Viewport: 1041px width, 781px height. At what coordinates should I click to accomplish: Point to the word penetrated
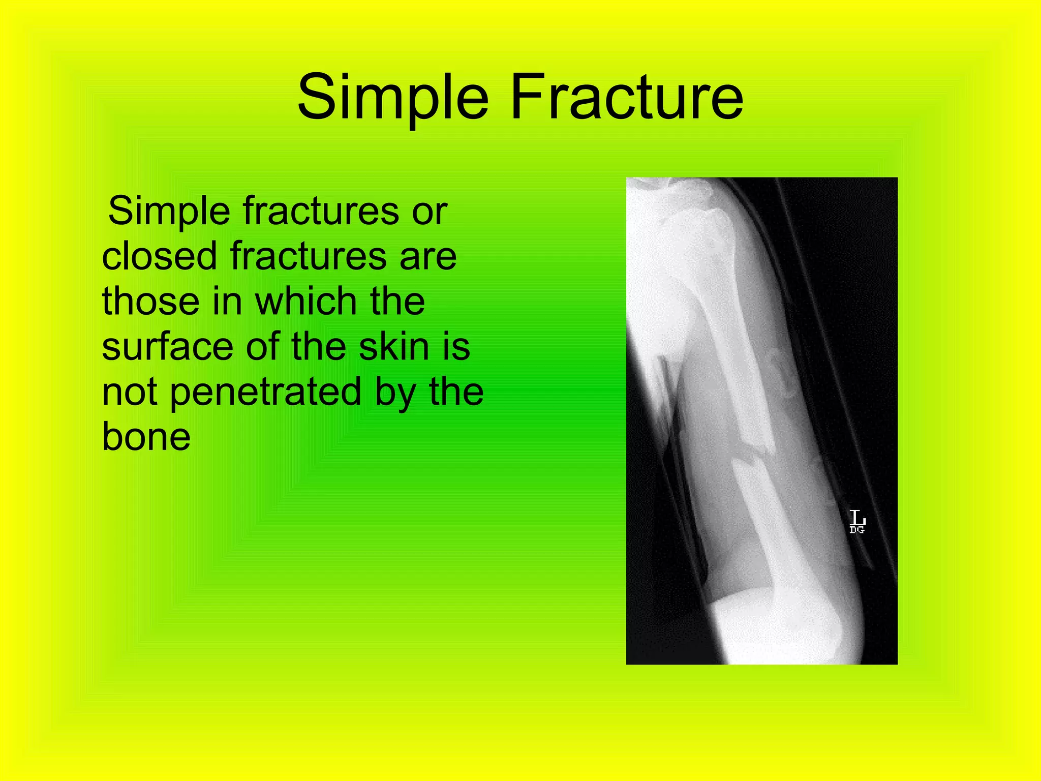click(x=265, y=393)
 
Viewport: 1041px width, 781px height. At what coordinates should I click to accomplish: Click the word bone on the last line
click(x=146, y=437)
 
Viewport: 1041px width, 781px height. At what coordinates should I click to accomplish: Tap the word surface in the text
click(x=167, y=348)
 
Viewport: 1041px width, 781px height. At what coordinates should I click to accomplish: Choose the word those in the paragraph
click(x=150, y=301)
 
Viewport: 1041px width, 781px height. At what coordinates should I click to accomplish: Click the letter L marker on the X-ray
click(x=857, y=518)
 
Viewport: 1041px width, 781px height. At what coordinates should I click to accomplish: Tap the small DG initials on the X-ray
click(x=856, y=530)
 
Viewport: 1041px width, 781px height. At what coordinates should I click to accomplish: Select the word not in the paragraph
click(x=129, y=393)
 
